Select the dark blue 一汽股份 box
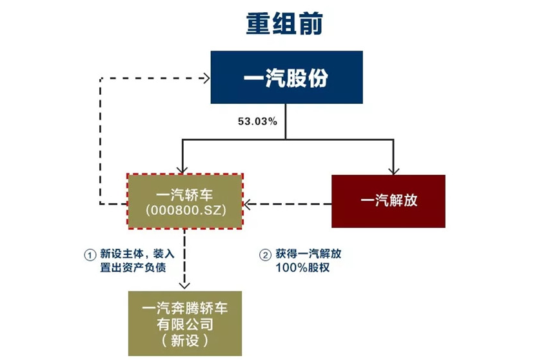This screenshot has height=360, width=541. click(286, 77)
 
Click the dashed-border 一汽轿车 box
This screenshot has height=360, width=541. click(185, 201)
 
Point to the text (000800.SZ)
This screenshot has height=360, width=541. click(185, 210)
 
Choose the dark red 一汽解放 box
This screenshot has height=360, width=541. click(388, 201)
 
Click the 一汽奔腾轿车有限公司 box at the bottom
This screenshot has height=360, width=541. click(184, 323)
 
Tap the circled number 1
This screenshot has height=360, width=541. click(90, 254)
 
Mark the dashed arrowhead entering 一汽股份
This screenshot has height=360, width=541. click(206, 78)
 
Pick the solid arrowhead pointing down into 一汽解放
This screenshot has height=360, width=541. click(391, 170)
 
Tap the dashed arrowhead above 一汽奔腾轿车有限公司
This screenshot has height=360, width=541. click(184, 285)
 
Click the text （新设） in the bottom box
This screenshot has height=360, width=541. click(184, 340)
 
